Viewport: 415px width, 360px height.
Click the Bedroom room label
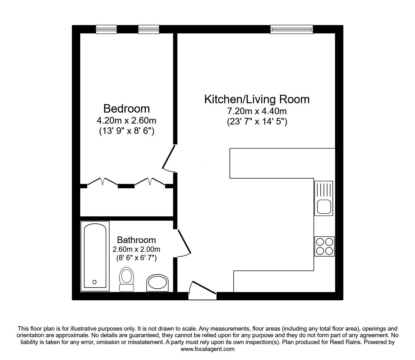point(127,109)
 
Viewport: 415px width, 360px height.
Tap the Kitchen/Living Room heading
point(257,99)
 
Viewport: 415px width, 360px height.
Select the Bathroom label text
point(136,240)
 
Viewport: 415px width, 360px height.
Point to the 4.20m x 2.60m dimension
point(127,120)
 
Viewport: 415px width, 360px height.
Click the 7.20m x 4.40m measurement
point(257,111)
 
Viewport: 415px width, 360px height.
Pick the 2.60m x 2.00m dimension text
point(136,249)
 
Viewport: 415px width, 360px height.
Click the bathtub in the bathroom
point(95,256)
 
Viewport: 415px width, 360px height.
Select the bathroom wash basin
point(158,283)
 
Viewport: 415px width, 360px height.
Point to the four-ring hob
point(324,246)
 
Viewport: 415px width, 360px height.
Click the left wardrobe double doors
point(102,182)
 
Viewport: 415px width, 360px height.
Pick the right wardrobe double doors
point(150,182)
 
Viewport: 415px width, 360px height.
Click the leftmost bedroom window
point(106,29)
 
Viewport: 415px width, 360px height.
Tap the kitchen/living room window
point(291,29)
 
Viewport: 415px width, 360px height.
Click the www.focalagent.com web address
point(207,349)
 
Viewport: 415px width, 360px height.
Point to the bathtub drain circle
point(95,282)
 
